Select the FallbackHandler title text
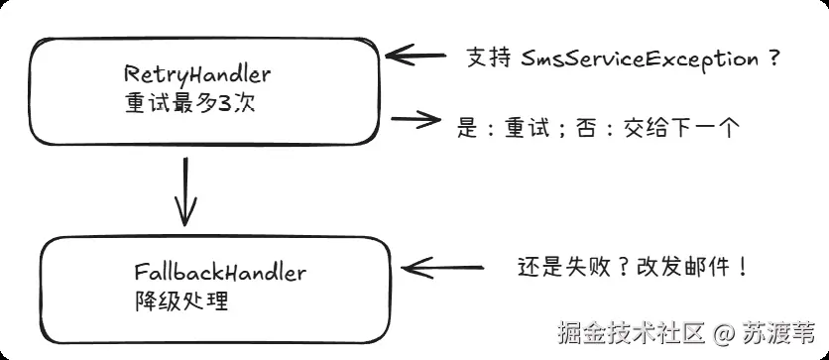[219, 272]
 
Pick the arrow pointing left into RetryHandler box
[414, 55]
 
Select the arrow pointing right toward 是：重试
[415, 121]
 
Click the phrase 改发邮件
[678, 267]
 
